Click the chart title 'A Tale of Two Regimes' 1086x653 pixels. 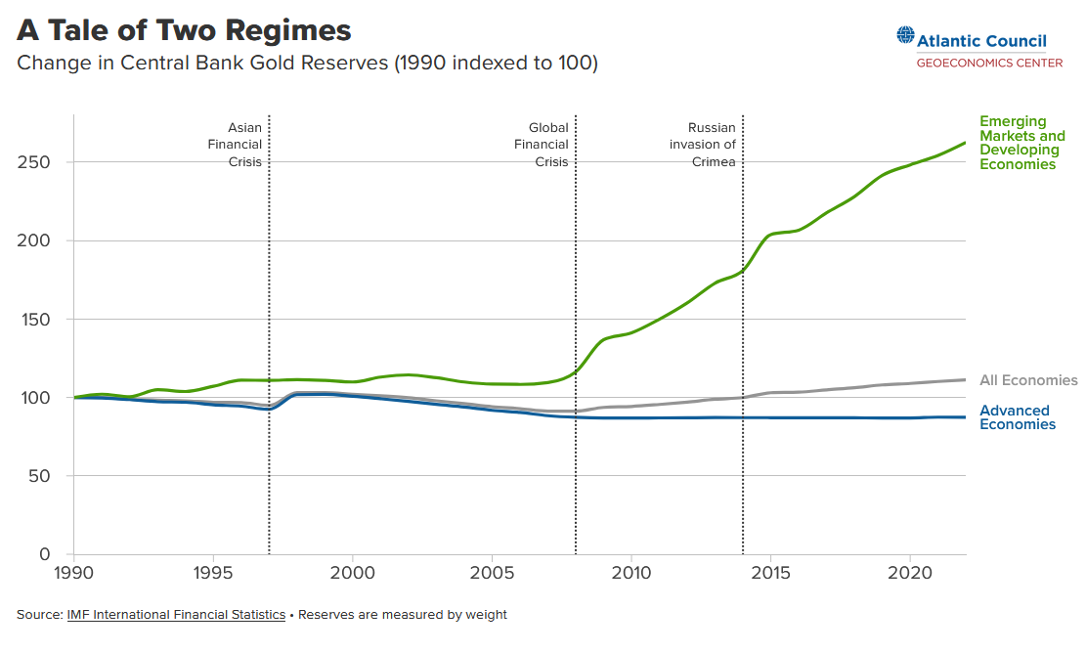[184, 30]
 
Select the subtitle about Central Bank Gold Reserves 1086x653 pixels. [307, 64]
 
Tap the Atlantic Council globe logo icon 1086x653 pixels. [905, 37]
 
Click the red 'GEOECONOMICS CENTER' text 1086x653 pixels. [989, 63]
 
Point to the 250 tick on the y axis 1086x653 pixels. [36, 162]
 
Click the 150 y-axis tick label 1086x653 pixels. [36, 320]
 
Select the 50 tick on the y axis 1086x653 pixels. [41, 476]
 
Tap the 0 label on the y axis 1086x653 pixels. [45, 554]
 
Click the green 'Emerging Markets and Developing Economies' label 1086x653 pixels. [1021, 143]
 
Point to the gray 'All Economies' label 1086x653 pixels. [1028, 380]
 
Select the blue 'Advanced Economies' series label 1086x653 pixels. [1017, 417]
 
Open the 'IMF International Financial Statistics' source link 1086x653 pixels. [176, 615]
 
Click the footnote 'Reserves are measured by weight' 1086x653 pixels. [403, 615]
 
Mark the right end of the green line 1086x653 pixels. [966, 143]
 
